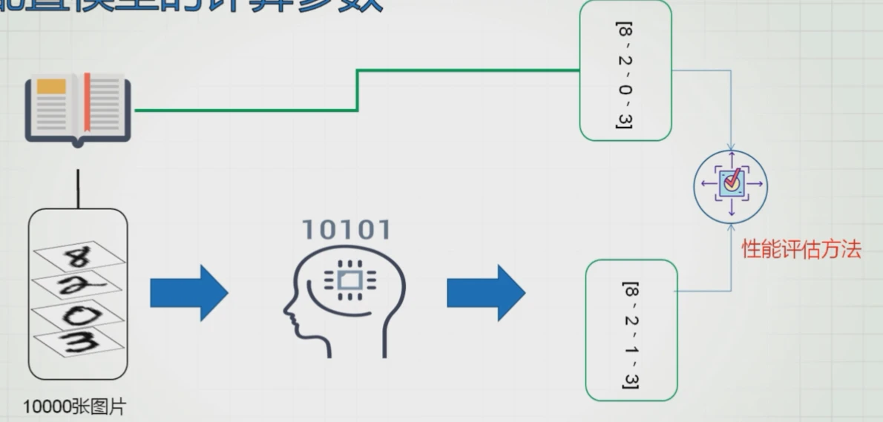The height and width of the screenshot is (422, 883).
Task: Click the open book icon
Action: click(78, 108)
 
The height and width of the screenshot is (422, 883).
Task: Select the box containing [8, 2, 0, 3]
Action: click(625, 70)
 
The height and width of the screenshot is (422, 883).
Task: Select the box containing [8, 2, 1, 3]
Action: click(631, 330)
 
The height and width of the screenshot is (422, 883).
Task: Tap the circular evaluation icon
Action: click(731, 185)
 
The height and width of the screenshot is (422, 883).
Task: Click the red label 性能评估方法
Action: click(801, 250)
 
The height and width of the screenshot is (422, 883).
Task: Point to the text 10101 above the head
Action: click(345, 231)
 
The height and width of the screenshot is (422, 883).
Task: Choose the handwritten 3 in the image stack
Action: click(79, 343)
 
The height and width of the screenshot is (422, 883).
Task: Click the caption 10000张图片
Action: click(74, 407)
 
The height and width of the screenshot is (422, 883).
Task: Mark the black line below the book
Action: click(78, 188)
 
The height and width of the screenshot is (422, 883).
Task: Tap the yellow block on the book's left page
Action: click(50, 86)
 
